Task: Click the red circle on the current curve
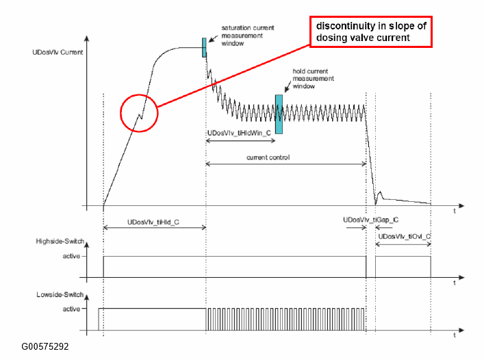click(x=120, y=113)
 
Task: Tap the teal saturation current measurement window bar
click(x=204, y=47)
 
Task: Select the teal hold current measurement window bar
click(x=279, y=114)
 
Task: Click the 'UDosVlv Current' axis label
click(x=58, y=52)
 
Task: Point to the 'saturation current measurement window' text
click(x=248, y=36)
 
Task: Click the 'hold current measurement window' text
click(x=313, y=79)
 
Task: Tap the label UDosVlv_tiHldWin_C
click(x=239, y=133)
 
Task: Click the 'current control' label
click(x=268, y=157)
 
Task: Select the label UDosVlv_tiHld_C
click(x=153, y=222)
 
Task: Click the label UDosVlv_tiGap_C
click(x=371, y=220)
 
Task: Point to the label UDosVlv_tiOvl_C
click(x=405, y=236)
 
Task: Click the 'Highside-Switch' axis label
click(x=60, y=241)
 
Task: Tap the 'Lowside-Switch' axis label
click(x=60, y=294)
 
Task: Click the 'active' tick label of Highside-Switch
click(x=71, y=256)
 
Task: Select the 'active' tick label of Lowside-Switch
click(x=71, y=309)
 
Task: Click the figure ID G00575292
click(x=45, y=346)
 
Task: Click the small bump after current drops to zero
click(x=380, y=194)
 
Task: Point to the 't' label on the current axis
click(x=455, y=211)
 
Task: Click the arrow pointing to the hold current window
click(x=288, y=86)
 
